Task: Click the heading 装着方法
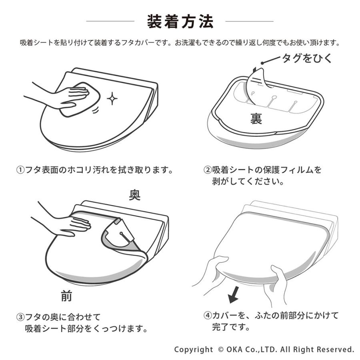coord(180,22)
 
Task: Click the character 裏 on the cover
coord(256,118)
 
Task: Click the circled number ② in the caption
coord(208,170)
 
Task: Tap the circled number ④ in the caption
coord(208,316)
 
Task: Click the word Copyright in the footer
coord(194,349)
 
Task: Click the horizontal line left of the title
coord(110,21)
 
